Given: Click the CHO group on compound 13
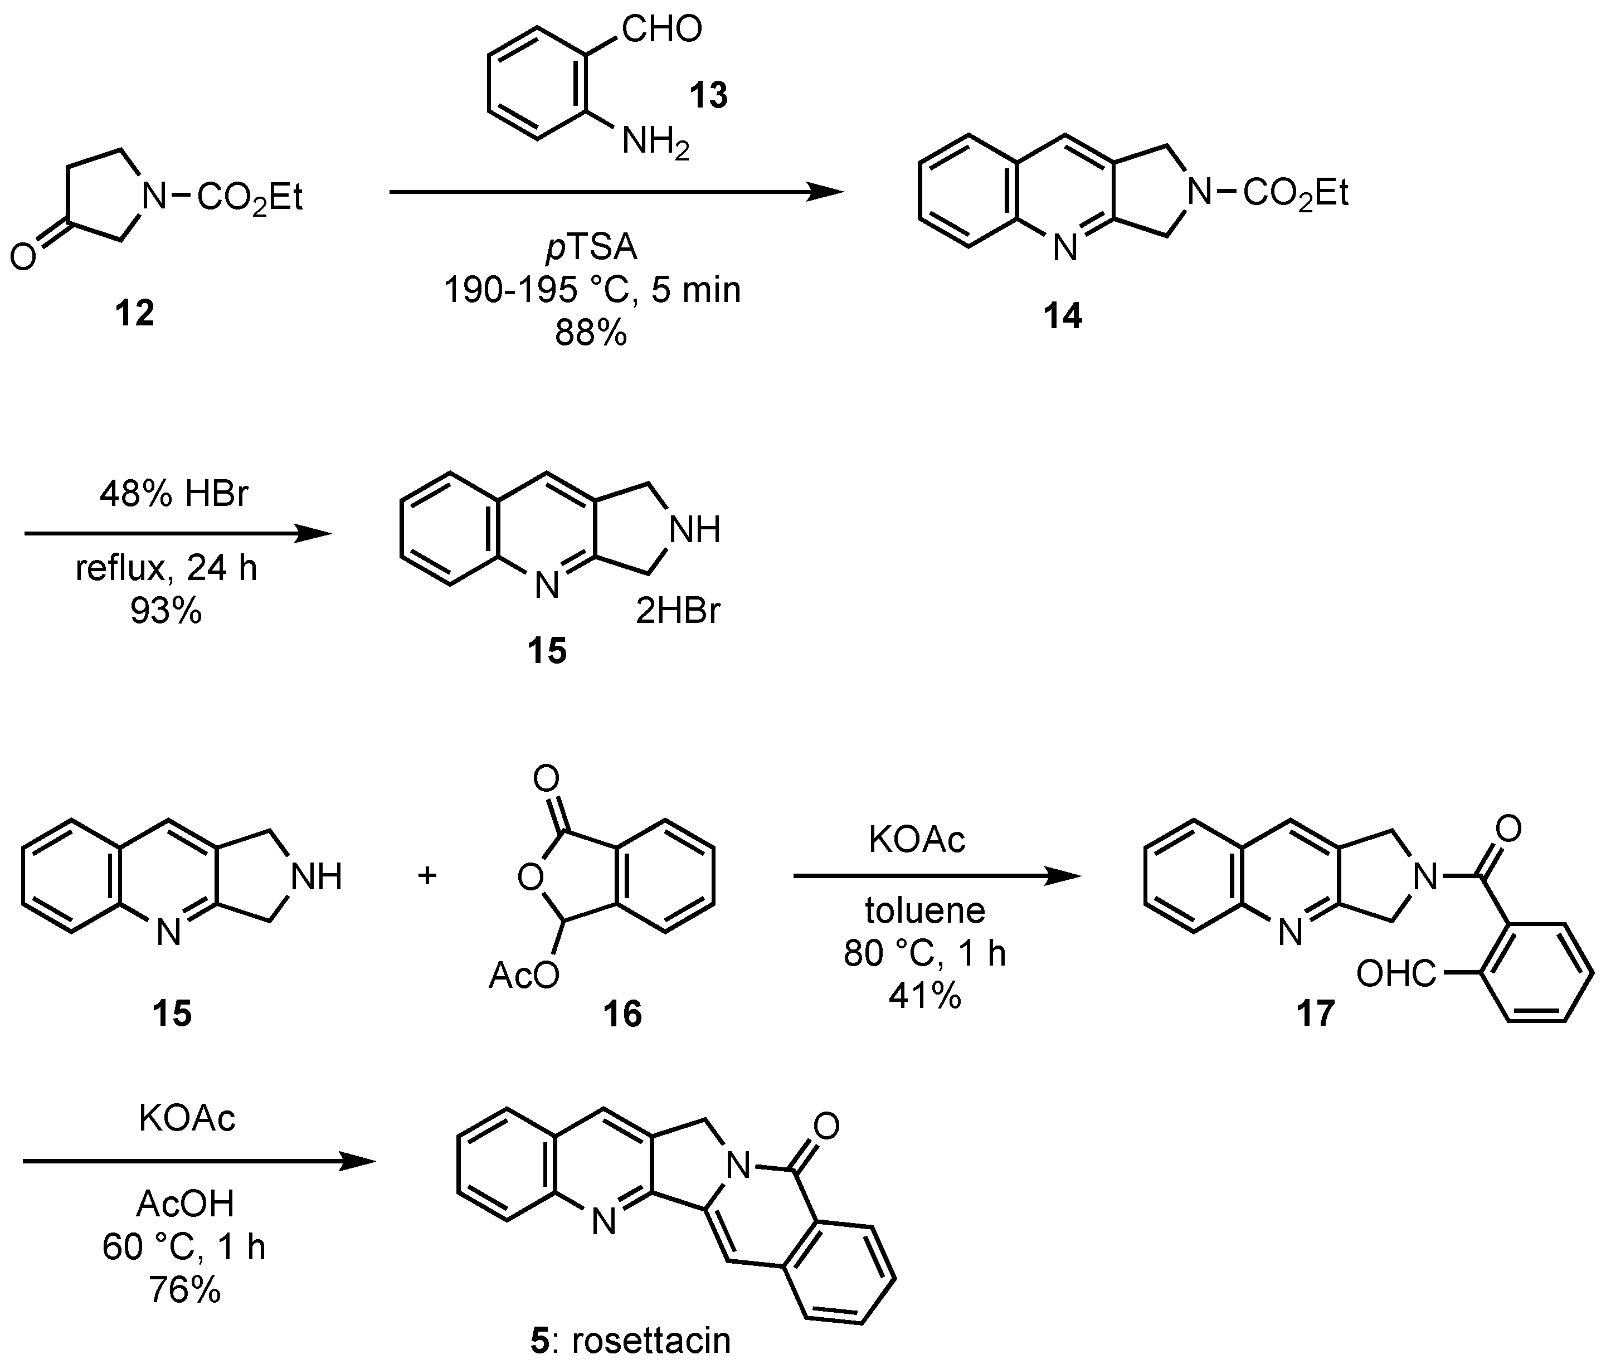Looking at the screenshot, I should (x=661, y=30).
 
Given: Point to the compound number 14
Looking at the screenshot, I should (x=1063, y=316).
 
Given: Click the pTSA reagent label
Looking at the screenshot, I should (x=591, y=248).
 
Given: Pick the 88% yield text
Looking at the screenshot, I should (x=591, y=333).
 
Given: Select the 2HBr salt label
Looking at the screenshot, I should (x=678, y=612).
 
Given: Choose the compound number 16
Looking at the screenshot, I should (x=623, y=1013).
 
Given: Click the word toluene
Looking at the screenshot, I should (x=924, y=911).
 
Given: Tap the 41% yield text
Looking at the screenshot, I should (x=924, y=995).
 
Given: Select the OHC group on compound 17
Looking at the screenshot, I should (x=1396, y=975).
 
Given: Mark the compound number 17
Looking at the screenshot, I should (x=1315, y=1013).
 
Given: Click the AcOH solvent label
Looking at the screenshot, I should (x=185, y=1204).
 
